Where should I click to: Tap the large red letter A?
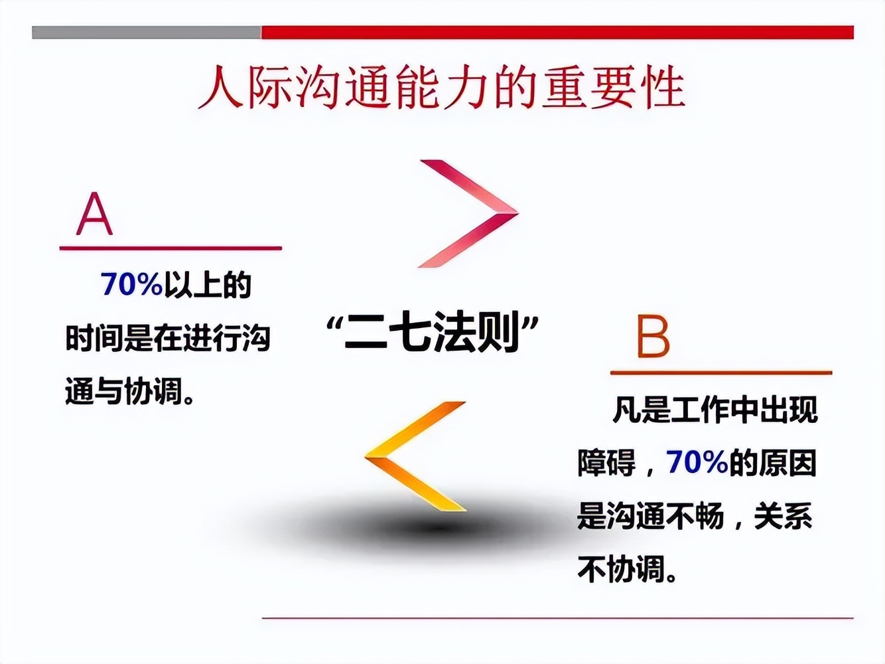(94, 214)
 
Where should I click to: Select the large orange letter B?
(653, 337)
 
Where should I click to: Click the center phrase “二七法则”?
(433, 332)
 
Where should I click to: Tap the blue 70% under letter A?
(131, 284)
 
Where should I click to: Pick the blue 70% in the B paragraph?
(697, 462)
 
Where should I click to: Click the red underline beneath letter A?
(170, 248)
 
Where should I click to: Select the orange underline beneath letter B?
(720, 373)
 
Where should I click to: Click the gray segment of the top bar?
(146, 33)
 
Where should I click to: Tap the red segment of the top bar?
(557, 33)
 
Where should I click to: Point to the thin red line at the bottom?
(557, 618)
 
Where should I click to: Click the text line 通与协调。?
(130, 392)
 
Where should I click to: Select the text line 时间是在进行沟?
(168, 339)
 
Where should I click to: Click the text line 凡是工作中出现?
(715, 410)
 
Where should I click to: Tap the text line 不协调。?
(628, 569)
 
